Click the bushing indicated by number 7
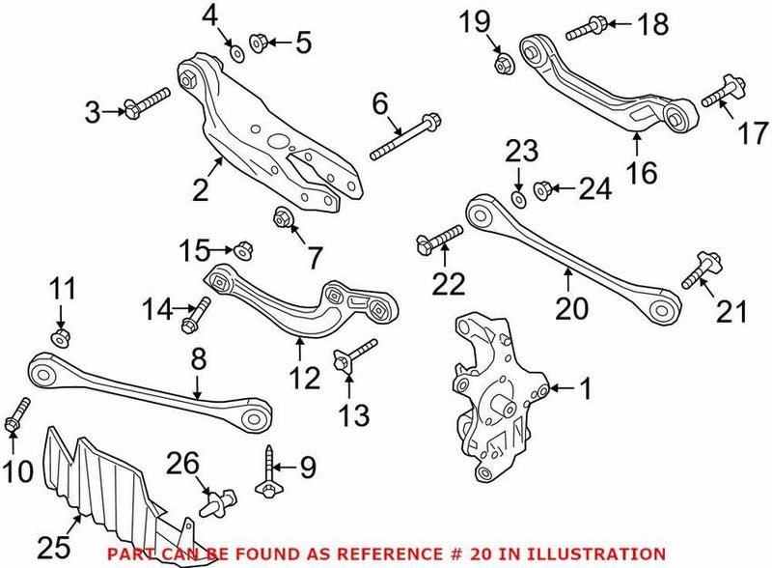click(x=284, y=216)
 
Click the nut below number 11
click(x=60, y=336)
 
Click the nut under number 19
click(x=503, y=65)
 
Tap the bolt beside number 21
click(x=697, y=271)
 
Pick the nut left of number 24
click(x=543, y=188)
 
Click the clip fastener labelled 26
click(x=213, y=503)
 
